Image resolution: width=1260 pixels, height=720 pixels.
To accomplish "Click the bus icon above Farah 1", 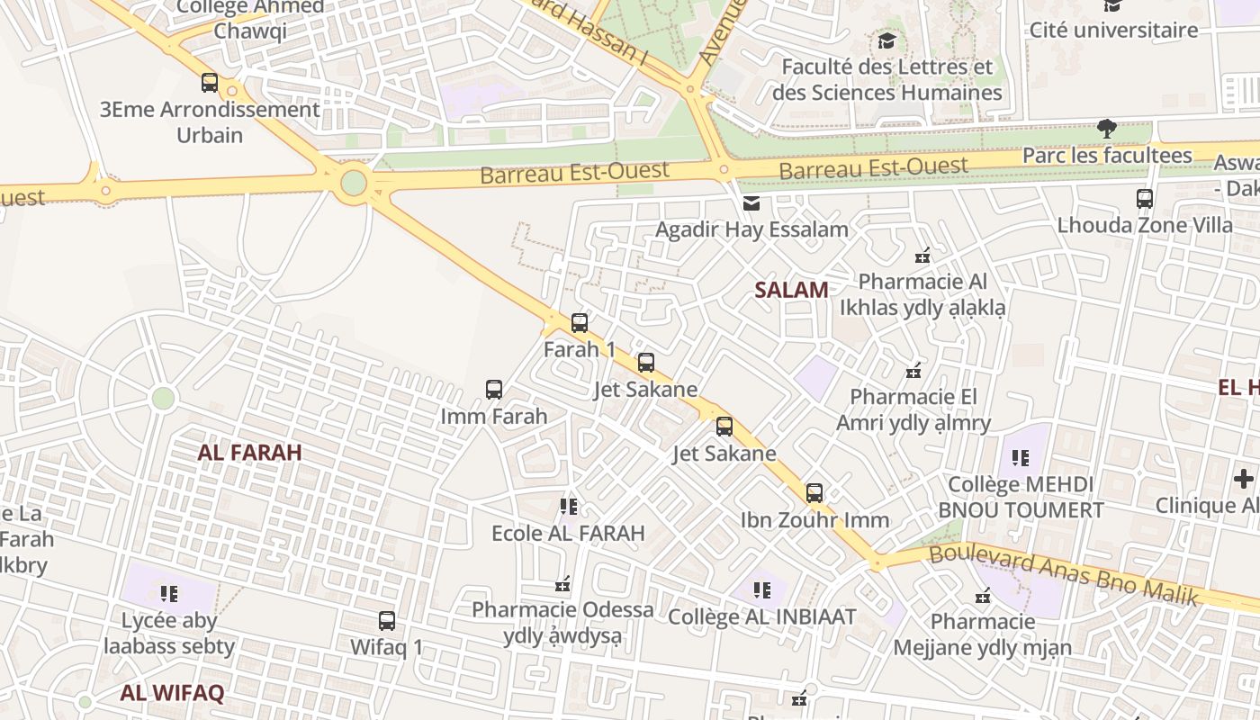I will click(580, 322).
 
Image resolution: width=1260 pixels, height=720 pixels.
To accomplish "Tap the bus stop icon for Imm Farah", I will click(494, 390).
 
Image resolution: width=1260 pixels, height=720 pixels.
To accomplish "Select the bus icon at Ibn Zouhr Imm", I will click(814, 492).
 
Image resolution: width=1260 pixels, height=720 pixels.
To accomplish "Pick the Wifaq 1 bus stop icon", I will click(387, 620).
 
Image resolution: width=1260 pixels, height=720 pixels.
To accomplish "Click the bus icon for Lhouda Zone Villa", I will click(1145, 199).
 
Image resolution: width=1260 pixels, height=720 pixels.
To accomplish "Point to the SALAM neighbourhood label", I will click(791, 290).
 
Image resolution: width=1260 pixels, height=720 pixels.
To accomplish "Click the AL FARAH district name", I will click(249, 453).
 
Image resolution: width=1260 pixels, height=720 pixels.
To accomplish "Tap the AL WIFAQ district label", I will click(172, 693).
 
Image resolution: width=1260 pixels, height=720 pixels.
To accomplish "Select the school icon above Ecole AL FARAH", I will click(568, 506).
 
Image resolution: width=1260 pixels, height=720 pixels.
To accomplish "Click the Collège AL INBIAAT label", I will click(761, 617).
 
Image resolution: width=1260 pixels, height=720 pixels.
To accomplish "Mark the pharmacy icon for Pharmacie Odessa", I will click(563, 585).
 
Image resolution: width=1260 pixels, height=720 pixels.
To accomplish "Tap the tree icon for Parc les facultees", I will click(1107, 129).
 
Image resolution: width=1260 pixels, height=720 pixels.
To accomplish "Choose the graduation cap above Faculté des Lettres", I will click(886, 41).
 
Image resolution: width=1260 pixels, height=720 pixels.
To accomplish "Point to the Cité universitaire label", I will click(1113, 30).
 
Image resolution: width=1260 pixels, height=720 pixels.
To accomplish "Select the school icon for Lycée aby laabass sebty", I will click(169, 593).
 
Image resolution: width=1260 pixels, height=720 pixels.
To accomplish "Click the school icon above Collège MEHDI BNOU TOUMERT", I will click(1020, 458).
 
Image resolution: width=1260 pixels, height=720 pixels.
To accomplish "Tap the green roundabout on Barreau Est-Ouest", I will click(354, 183).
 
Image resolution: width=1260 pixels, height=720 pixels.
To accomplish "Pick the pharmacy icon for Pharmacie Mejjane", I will click(983, 596).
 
